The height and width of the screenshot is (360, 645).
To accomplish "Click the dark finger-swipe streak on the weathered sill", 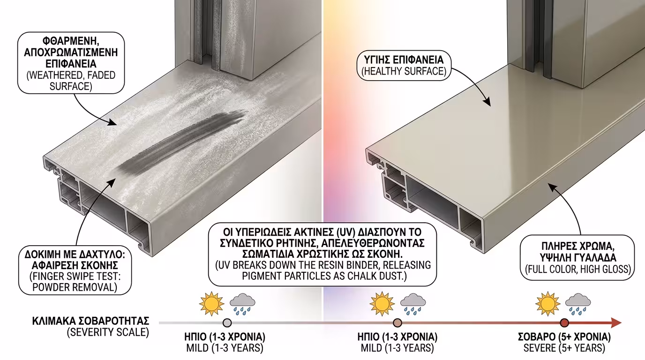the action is click(181, 142).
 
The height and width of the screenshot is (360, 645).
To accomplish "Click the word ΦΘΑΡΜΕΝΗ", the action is click(71, 41).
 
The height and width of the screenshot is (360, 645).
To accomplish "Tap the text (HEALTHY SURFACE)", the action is click(404, 71).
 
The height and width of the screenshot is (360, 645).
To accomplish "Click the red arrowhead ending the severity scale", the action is click(616, 323).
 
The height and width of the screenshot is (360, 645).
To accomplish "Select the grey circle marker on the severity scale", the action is click(227, 323).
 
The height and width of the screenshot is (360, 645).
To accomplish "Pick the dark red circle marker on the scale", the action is click(564, 323).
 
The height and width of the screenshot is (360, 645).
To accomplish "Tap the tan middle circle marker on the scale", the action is click(397, 323).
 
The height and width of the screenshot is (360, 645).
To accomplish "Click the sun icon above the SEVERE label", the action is click(547, 304).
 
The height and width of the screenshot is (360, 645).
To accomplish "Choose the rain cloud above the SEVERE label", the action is click(578, 304).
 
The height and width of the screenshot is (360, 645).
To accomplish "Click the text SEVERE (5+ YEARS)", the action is click(564, 348).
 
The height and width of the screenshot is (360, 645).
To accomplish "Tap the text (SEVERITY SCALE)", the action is click(108, 332).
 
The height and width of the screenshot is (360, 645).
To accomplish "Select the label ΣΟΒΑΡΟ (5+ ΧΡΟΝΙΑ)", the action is click(564, 337).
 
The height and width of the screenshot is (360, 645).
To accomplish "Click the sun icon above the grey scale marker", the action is click(212, 304).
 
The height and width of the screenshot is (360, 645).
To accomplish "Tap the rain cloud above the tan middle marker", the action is click(413, 304).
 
